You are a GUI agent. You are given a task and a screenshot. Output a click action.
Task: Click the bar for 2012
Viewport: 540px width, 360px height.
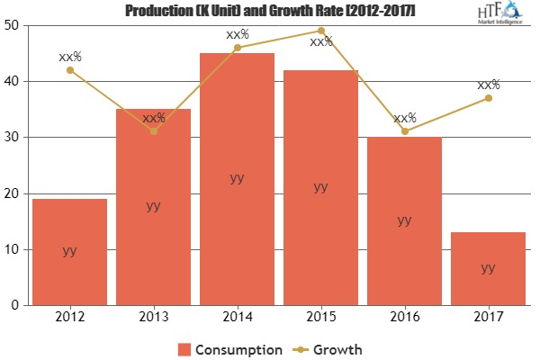click(x=69, y=252)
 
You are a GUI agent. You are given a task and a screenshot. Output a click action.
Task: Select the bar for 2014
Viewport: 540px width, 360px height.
click(x=237, y=179)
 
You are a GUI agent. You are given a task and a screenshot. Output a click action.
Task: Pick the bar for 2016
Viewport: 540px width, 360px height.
click(x=404, y=220)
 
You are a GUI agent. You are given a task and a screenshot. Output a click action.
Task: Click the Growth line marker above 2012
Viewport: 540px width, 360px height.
click(x=69, y=70)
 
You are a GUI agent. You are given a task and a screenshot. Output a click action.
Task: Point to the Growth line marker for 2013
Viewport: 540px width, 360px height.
click(x=153, y=131)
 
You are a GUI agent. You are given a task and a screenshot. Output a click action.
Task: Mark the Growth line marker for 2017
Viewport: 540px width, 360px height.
click(x=488, y=98)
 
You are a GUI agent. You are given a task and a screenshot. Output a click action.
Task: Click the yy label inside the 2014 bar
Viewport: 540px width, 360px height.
click(x=237, y=178)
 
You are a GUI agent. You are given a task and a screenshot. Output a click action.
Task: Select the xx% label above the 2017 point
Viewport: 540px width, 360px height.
click(x=489, y=85)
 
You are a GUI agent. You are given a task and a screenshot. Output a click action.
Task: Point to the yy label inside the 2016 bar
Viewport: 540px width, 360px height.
click(x=404, y=220)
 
